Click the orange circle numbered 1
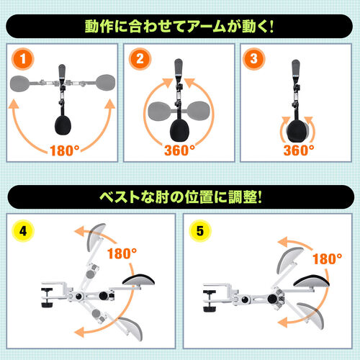click(x=23, y=59)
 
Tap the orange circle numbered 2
click(x=140, y=59)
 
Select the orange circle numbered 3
click(x=254, y=59)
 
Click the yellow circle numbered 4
click(x=23, y=231)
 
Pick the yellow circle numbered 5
click(x=200, y=231)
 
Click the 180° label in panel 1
click(x=65, y=150)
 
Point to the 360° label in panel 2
click(x=179, y=150)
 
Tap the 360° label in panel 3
click(x=299, y=150)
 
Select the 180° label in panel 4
click(x=122, y=253)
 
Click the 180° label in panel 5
click(x=328, y=258)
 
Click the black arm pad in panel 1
click(x=63, y=125)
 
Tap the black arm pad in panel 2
click(x=179, y=130)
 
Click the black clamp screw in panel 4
click(x=48, y=297)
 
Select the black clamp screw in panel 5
click(x=210, y=301)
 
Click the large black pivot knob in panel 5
click(x=272, y=299)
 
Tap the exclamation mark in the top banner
click(x=271, y=27)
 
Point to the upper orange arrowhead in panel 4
click(x=80, y=231)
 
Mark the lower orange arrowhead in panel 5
click(x=282, y=322)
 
